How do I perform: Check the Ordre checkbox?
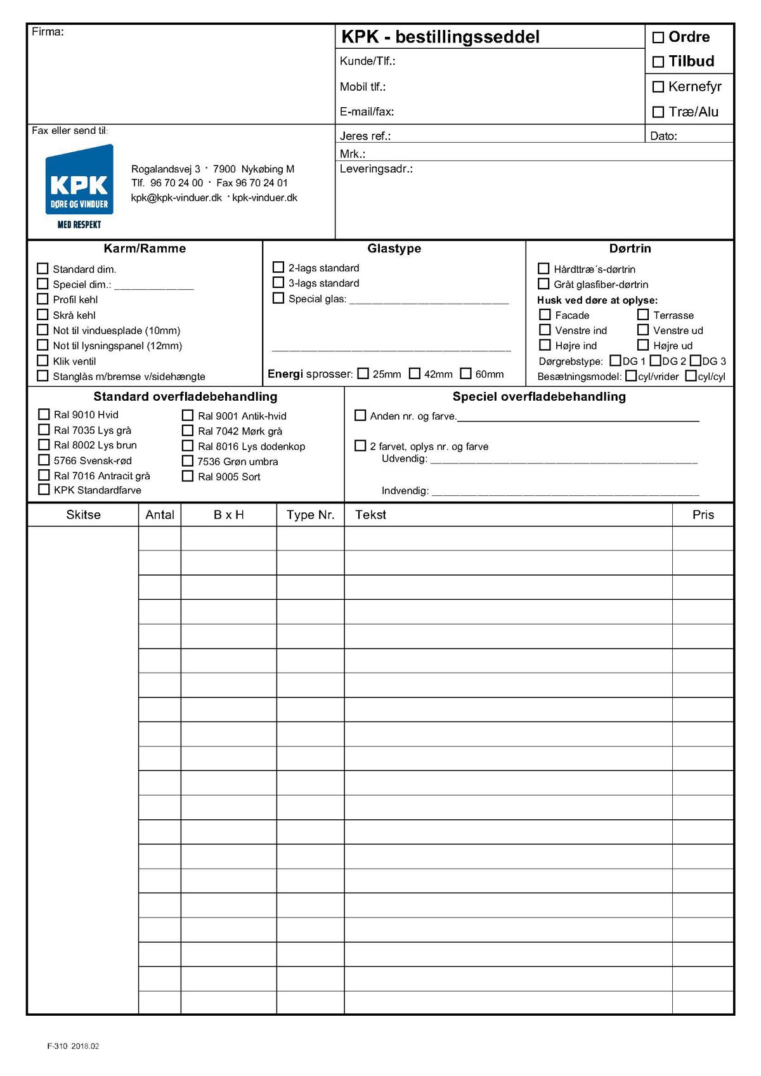point(658,37)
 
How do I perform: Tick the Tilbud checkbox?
point(658,62)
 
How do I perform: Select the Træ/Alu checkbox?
point(658,112)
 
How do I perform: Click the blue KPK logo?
point(79,181)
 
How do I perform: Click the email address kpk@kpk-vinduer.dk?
point(176,198)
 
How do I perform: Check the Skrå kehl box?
point(42,315)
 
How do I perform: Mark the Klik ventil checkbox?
point(42,361)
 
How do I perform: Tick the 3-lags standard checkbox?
point(278,283)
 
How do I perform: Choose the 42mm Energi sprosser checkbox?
point(415,373)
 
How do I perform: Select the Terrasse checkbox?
point(643,314)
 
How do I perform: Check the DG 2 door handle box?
point(656,361)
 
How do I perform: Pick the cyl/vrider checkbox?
point(631,376)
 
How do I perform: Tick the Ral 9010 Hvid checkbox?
point(44,415)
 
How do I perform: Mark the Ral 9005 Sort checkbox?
point(188,476)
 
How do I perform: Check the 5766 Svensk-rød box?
point(44,460)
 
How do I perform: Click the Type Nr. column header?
point(310,515)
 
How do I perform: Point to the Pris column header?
point(703,515)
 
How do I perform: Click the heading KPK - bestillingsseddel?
point(440,37)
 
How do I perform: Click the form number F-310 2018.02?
point(73,1046)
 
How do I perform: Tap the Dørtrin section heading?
point(630,249)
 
